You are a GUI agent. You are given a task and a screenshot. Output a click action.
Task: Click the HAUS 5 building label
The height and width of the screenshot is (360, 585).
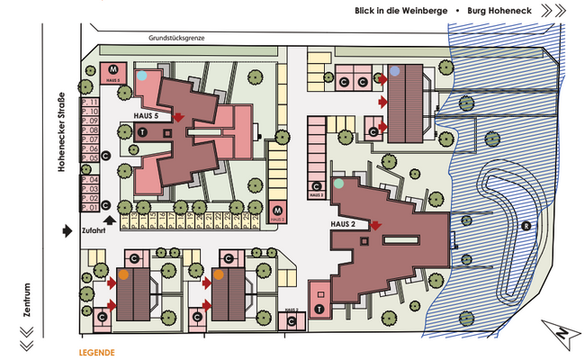(146, 117)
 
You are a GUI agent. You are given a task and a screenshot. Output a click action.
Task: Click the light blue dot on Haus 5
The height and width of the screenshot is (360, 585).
(142, 76)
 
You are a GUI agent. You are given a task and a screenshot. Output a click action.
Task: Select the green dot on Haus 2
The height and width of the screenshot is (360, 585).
(338, 184)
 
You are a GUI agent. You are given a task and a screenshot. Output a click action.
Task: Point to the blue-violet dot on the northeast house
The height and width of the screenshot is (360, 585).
(395, 70)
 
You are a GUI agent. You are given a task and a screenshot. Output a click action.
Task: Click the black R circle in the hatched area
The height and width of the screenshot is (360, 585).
(525, 225)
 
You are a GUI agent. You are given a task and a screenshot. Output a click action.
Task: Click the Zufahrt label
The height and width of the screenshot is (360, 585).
(94, 231)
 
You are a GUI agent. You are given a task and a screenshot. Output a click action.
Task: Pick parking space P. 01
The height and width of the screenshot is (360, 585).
(88, 208)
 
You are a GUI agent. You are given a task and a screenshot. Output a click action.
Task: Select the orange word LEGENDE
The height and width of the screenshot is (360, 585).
(96, 352)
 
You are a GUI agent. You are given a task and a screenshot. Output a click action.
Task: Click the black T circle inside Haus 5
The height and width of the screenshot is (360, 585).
(142, 132)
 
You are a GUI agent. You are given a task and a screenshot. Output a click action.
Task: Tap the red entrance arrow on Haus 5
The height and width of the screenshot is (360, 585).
(179, 117)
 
